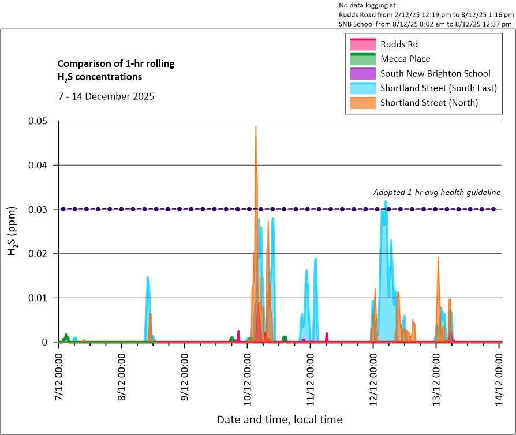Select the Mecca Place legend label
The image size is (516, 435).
click(x=405, y=59)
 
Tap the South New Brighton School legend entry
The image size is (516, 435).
click(x=435, y=73)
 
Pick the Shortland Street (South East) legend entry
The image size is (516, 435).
click(x=438, y=88)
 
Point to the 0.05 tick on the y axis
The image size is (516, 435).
click(x=40, y=121)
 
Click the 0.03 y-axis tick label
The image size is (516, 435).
click(x=40, y=209)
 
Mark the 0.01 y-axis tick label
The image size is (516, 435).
click(x=40, y=298)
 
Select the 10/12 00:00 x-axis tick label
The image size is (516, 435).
click(x=248, y=375)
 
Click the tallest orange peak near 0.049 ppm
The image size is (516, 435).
click(x=256, y=127)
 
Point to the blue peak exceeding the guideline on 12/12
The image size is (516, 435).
click(x=385, y=201)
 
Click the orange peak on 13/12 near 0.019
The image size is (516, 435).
click(x=438, y=258)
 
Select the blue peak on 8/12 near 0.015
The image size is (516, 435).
click(x=148, y=277)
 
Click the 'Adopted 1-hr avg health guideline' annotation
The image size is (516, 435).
click(x=436, y=193)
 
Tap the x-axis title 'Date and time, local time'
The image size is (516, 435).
click(x=279, y=419)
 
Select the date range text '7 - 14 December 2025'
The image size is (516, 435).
click(x=106, y=96)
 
